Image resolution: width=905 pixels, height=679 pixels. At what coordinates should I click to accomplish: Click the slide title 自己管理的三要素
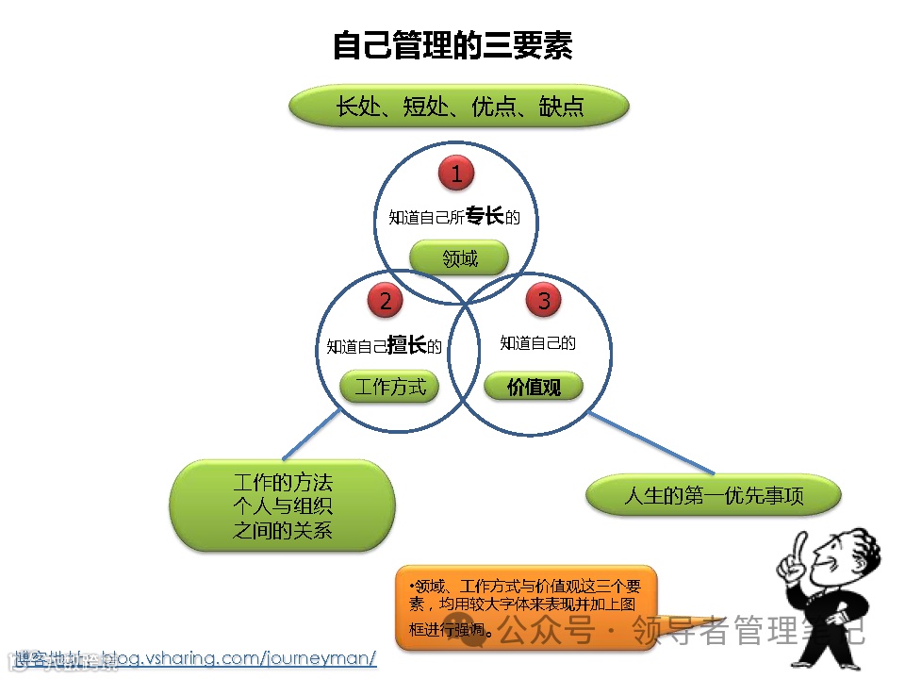[x=452, y=45]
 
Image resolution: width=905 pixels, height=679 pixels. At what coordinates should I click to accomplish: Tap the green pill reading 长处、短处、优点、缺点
[x=459, y=106]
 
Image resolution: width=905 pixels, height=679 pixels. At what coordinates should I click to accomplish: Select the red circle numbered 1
[x=456, y=174]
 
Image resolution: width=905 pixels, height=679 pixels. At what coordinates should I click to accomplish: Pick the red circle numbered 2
[x=386, y=301]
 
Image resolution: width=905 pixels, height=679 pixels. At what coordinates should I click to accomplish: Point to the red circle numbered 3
[x=543, y=301]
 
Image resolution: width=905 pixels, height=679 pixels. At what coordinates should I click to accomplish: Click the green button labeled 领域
[x=460, y=257]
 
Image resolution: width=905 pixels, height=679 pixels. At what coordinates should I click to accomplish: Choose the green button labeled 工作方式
[x=389, y=386]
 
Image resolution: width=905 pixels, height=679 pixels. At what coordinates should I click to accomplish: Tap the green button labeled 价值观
[x=534, y=386]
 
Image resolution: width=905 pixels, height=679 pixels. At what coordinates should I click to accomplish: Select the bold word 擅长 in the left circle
[x=407, y=345]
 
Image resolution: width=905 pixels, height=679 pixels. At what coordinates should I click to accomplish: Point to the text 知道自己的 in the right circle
[x=537, y=343]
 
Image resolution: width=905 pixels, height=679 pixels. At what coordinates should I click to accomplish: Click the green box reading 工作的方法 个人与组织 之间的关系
[x=282, y=505]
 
